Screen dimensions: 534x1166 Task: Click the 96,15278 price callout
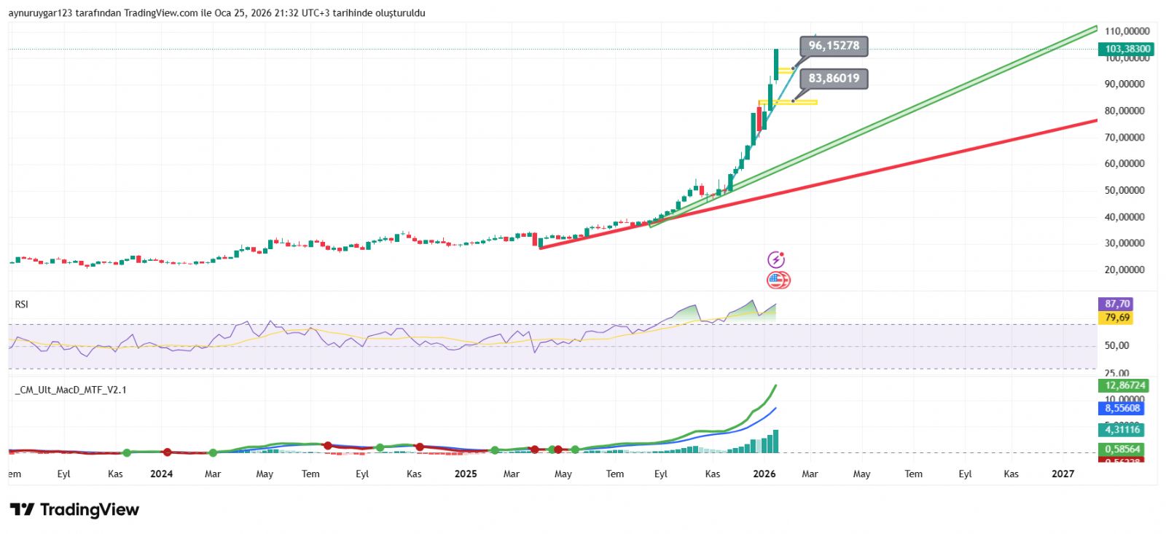click(834, 46)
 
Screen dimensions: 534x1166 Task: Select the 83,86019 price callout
click(834, 79)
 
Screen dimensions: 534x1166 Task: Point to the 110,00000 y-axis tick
click(1127, 31)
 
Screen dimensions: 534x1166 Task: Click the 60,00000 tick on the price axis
click(1124, 164)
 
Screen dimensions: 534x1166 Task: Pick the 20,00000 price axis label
click(1124, 270)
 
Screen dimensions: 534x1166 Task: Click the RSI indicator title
click(22, 305)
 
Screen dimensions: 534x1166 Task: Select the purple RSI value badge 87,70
click(1117, 304)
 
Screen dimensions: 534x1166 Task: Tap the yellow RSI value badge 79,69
click(1117, 318)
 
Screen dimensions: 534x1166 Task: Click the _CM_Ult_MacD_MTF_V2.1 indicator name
click(71, 390)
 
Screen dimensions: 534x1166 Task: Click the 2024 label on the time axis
click(162, 474)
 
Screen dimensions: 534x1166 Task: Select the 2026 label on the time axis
click(764, 474)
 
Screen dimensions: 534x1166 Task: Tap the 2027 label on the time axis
click(1063, 474)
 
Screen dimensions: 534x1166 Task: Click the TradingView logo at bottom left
click(74, 510)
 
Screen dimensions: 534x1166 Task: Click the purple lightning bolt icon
click(776, 260)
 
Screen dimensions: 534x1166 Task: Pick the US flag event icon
click(778, 280)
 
